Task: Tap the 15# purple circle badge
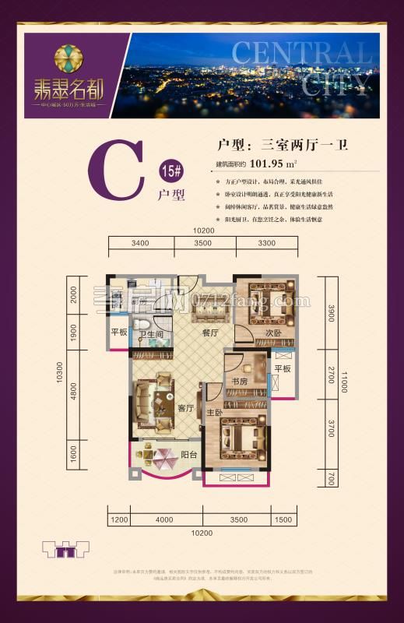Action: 168,171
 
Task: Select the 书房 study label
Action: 239,382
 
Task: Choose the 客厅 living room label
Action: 184,408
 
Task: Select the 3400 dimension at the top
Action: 140,243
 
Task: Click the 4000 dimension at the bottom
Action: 164,519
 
